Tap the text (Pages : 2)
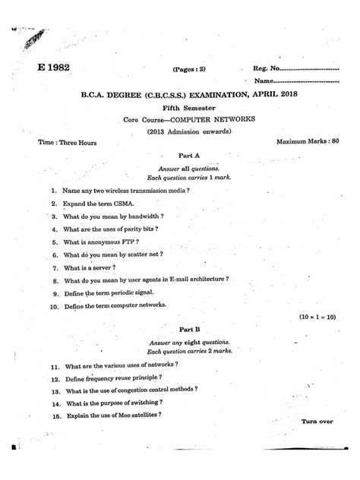coord(188,70)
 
